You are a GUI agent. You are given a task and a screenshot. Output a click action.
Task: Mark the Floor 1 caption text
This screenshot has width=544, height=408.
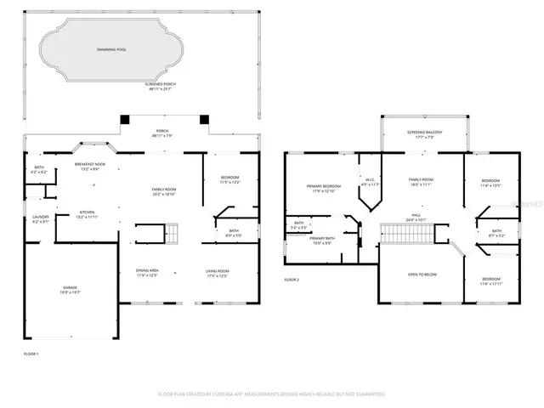point(31,352)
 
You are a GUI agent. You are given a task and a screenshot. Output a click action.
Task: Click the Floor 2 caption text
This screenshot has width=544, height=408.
point(292,280)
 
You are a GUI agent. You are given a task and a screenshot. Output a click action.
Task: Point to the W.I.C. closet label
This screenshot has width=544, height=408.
point(370,181)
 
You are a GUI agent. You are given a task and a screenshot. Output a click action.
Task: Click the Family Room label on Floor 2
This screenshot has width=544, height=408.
point(422,181)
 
